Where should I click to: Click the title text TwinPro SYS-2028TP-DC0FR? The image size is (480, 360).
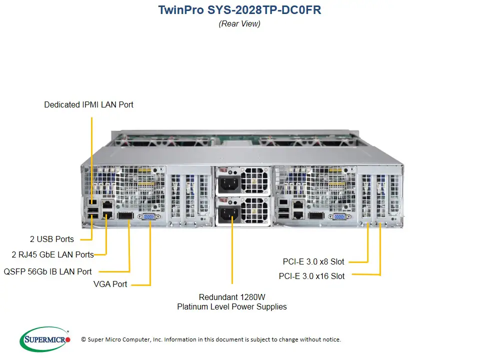[x=239, y=10]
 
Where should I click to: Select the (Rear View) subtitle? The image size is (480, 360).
[x=239, y=23]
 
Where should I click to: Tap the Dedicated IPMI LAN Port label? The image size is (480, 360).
[x=88, y=104]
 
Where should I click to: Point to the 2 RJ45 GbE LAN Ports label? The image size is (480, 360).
[x=52, y=254]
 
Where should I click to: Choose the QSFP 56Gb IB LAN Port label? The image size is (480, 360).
[x=47, y=271]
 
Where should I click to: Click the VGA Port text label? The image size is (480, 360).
[x=110, y=284]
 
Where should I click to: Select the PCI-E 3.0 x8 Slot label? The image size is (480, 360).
[x=313, y=261]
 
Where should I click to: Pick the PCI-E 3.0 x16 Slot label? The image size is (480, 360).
[x=311, y=276]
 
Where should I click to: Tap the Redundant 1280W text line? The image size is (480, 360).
[x=232, y=296]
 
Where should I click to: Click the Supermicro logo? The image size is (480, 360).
[x=45, y=339]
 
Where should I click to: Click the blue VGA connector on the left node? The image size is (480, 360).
[x=149, y=216]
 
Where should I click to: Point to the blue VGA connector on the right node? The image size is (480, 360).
[x=338, y=216]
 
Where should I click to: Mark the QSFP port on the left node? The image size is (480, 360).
[x=125, y=216]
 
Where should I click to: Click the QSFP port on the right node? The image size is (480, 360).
[x=316, y=216]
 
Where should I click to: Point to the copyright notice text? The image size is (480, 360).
[x=211, y=339]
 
